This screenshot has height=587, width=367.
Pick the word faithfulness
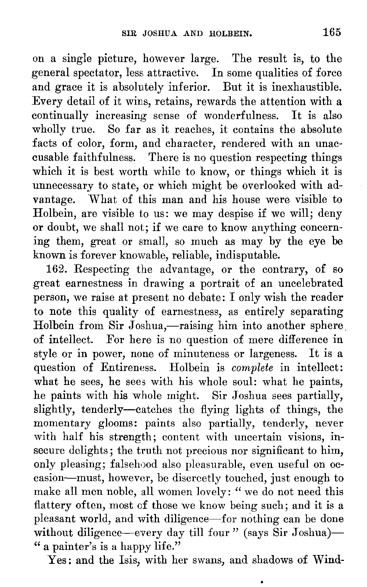tap(104, 158)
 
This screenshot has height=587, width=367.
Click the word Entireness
tap(131, 368)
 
